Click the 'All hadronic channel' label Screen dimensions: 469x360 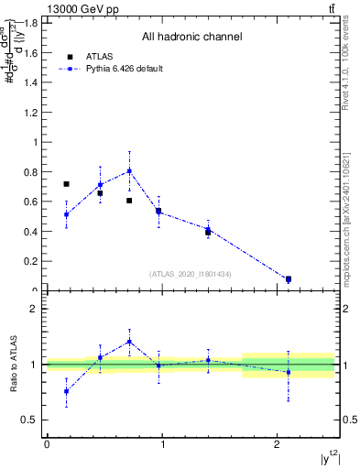point(191,38)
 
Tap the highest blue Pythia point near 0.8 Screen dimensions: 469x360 point(129,170)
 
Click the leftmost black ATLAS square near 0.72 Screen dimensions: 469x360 point(66,184)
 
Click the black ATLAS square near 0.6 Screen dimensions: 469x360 point(129,201)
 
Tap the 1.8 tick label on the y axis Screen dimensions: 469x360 point(31,23)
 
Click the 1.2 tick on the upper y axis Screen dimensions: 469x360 point(31,113)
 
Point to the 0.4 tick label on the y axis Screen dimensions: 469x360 point(31,232)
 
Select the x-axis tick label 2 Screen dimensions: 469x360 point(277,444)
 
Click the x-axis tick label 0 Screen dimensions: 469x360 point(46,444)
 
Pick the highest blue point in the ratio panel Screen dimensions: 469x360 point(129,342)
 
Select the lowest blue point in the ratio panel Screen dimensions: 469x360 point(66,391)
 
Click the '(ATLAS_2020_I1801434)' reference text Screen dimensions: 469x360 point(191,274)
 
